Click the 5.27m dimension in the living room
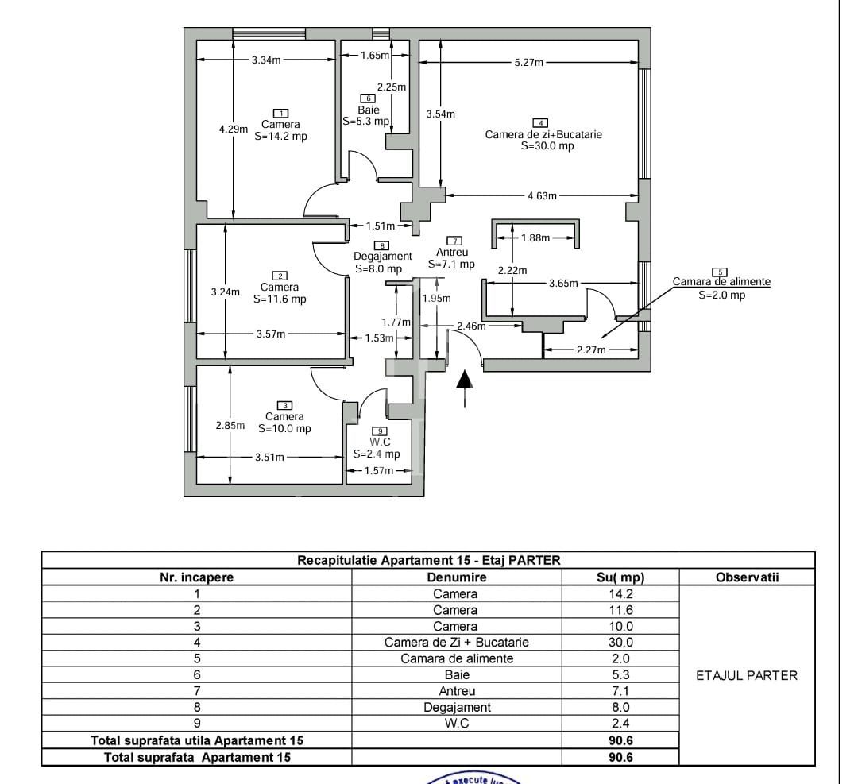click(x=528, y=62)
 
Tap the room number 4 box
click(x=539, y=122)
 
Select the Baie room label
click(x=369, y=110)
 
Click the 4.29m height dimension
click(x=234, y=129)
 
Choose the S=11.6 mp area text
click(x=280, y=299)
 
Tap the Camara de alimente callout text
click(x=721, y=282)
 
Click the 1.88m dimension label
click(x=535, y=238)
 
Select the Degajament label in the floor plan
click(x=383, y=256)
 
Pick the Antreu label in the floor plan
click(x=452, y=253)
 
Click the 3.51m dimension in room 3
click(x=269, y=457)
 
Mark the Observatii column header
click(x=747, y=577)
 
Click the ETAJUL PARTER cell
click(x=746, y=676)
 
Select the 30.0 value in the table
click(x=620, y=642)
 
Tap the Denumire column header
click(x=456, y=577)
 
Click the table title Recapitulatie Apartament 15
click(x=428, y=560)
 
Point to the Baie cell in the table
click(x=456, y=674)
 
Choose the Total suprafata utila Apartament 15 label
click(x=197, y=740)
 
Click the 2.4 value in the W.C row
click(x=620, y=723)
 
